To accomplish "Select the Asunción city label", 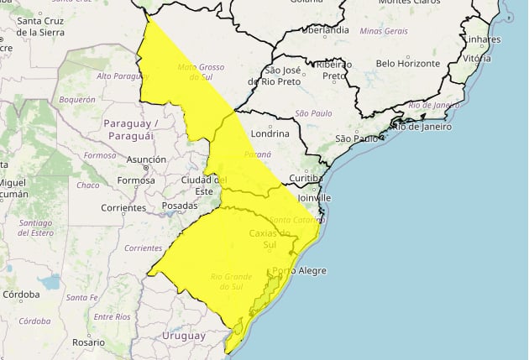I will tap(145, 159).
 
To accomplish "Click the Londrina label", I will tap(270, 133).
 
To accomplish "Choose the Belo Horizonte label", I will tap(408, 63).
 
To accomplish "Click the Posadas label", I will tap(180, 206).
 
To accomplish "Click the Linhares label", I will tap(482, 39).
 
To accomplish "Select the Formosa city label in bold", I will tap(137, 180).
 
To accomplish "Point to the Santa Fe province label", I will tap(82, 298).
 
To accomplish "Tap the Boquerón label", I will tap(77, 98).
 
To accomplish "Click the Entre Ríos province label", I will tap(112, 316).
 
